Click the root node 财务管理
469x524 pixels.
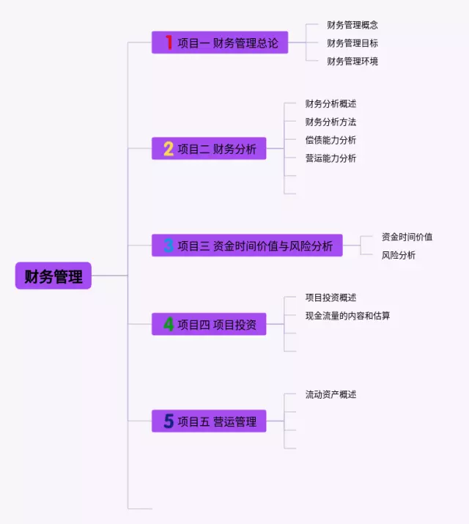[53, 276]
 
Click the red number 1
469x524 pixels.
[169, 43]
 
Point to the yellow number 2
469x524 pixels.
[169, 150]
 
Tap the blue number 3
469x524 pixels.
[169, 246]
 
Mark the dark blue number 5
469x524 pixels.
[169, 421]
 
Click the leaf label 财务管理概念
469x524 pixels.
[352, 25]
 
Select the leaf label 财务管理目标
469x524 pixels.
[352, 43]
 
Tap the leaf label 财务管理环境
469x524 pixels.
[352, 62]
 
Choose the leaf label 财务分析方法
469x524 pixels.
[330, 122]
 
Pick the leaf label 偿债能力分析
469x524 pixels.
[330, 140]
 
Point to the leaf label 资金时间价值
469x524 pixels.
[407, 237]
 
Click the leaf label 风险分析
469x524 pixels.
[399, 255]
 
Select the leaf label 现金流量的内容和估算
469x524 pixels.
[347, 316]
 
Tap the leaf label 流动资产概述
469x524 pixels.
[330, 394]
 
